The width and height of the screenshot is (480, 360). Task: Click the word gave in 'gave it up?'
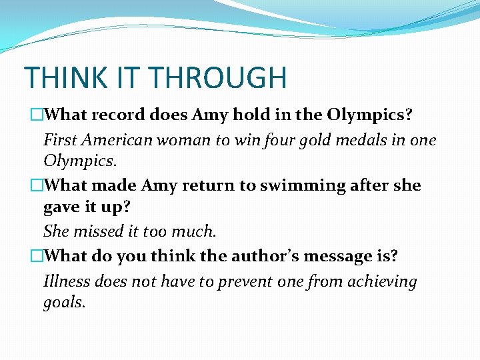pyautogui.click(x=61, y=207)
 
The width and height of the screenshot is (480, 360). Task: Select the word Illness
pyautogui.click(x=67, y=281)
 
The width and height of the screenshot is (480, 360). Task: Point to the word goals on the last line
pyautogui.click(x=64, y=302)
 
